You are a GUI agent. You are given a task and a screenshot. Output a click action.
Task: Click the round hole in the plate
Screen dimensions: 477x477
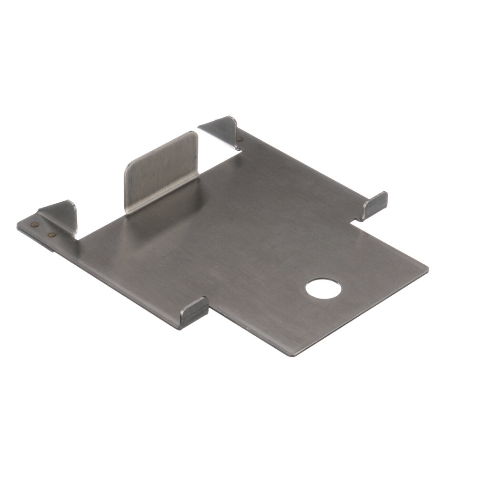click(x=323, y=289)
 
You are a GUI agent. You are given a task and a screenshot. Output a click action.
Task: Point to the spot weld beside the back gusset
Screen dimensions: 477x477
click(x=239, y=140)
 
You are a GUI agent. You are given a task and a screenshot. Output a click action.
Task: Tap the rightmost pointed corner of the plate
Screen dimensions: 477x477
click(x=428, y=270)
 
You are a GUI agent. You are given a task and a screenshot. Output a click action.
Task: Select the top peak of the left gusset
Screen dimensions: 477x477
click(x=71, y=202)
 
